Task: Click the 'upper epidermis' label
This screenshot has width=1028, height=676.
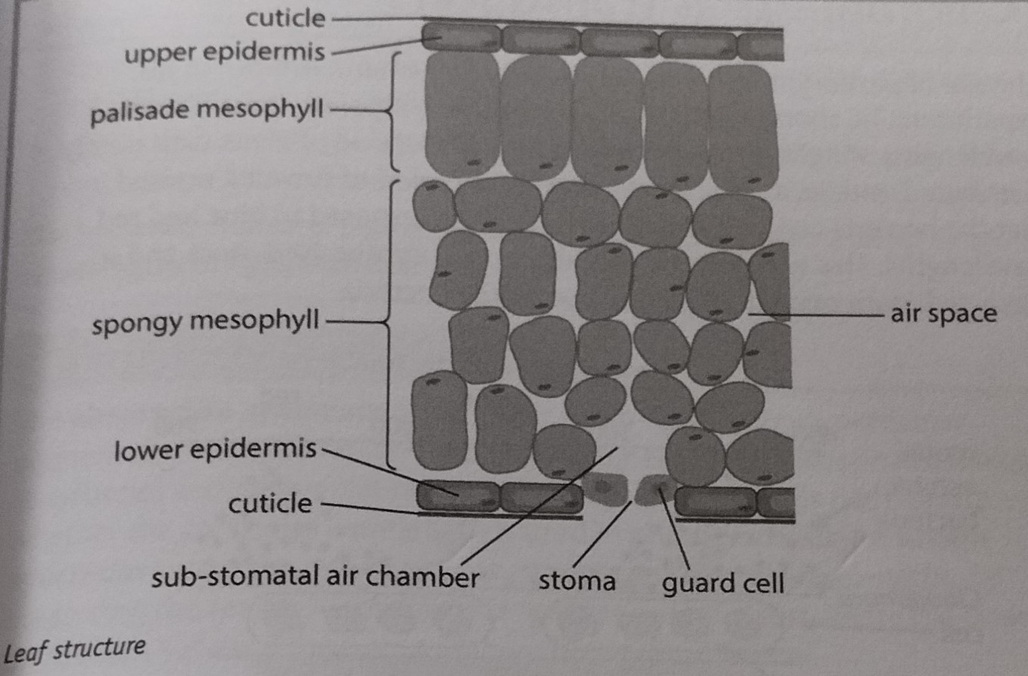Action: (x=225, y=53)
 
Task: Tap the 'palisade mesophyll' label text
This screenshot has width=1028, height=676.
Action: (x=207, y=111)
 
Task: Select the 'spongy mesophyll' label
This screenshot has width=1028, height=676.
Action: (x=205, y=322)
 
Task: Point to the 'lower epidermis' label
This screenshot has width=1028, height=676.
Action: (x=215, y=450)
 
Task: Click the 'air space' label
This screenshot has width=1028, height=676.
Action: (x=944, y=315)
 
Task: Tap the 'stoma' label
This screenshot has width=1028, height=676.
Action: (x=577, y=581)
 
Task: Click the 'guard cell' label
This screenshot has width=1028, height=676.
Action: (x=723, y=584)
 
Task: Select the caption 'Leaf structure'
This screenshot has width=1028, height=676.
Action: (x=74, y=650)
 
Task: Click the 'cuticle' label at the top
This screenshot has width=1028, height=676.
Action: (x=285, y=19)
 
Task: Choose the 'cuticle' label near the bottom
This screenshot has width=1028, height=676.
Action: (x=270, y=503)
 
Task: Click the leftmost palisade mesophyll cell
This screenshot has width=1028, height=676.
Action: (x=462, y=114)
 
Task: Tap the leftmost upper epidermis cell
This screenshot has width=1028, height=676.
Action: (x=461, y=38)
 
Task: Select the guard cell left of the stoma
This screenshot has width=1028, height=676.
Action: (x=605, y=489)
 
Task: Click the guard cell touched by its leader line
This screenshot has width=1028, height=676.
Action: (x=656, y=490)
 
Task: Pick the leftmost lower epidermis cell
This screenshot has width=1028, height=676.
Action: (x=457, y=497)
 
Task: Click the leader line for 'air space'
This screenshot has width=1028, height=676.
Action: (x=815, y=315)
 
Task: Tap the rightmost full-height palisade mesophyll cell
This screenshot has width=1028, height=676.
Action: (x=743, y=128)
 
